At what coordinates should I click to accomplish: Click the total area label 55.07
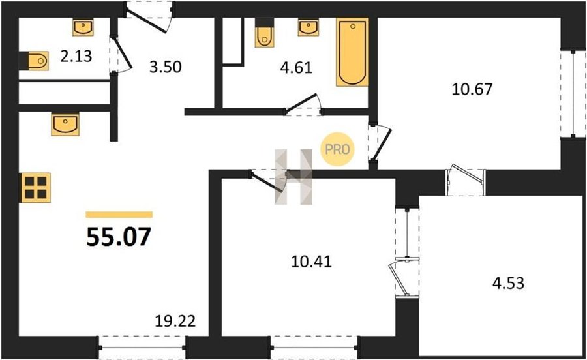[119, 237]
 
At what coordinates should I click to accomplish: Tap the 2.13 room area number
[76, 56]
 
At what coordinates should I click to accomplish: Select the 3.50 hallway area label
[166, 67]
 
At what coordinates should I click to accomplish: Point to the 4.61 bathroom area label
[296, 68]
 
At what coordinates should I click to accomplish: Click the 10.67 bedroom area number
[472, 89]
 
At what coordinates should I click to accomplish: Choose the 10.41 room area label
[311, 262]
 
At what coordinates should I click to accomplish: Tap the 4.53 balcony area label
[508, 283]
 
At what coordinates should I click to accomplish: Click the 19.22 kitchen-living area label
[175, 321]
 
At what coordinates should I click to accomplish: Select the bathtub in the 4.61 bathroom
[352, 52]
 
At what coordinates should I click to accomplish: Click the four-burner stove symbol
[36, 187]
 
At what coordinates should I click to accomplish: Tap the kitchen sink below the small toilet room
[65, 124]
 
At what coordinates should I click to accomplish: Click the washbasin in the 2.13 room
[83, 27]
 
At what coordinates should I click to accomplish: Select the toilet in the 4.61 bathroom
[264, 33]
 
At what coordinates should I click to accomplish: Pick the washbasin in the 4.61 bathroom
[309, 27]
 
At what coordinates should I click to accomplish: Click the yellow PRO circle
[337, 149]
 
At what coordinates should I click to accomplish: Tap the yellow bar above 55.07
[119, 215]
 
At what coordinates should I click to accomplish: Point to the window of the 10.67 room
[573, 93]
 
